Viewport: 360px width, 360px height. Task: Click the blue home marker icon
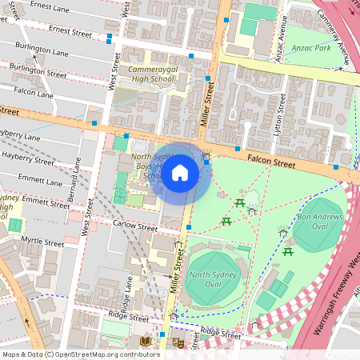click(180, 173)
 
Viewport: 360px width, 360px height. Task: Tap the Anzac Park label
click(313, 48)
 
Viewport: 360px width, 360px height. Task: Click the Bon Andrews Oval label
click(319, 222)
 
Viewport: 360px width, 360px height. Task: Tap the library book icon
click(146, 342)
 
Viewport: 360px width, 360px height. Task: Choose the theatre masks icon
click(178, 342)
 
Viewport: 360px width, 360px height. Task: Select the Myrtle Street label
click(42, 242)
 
